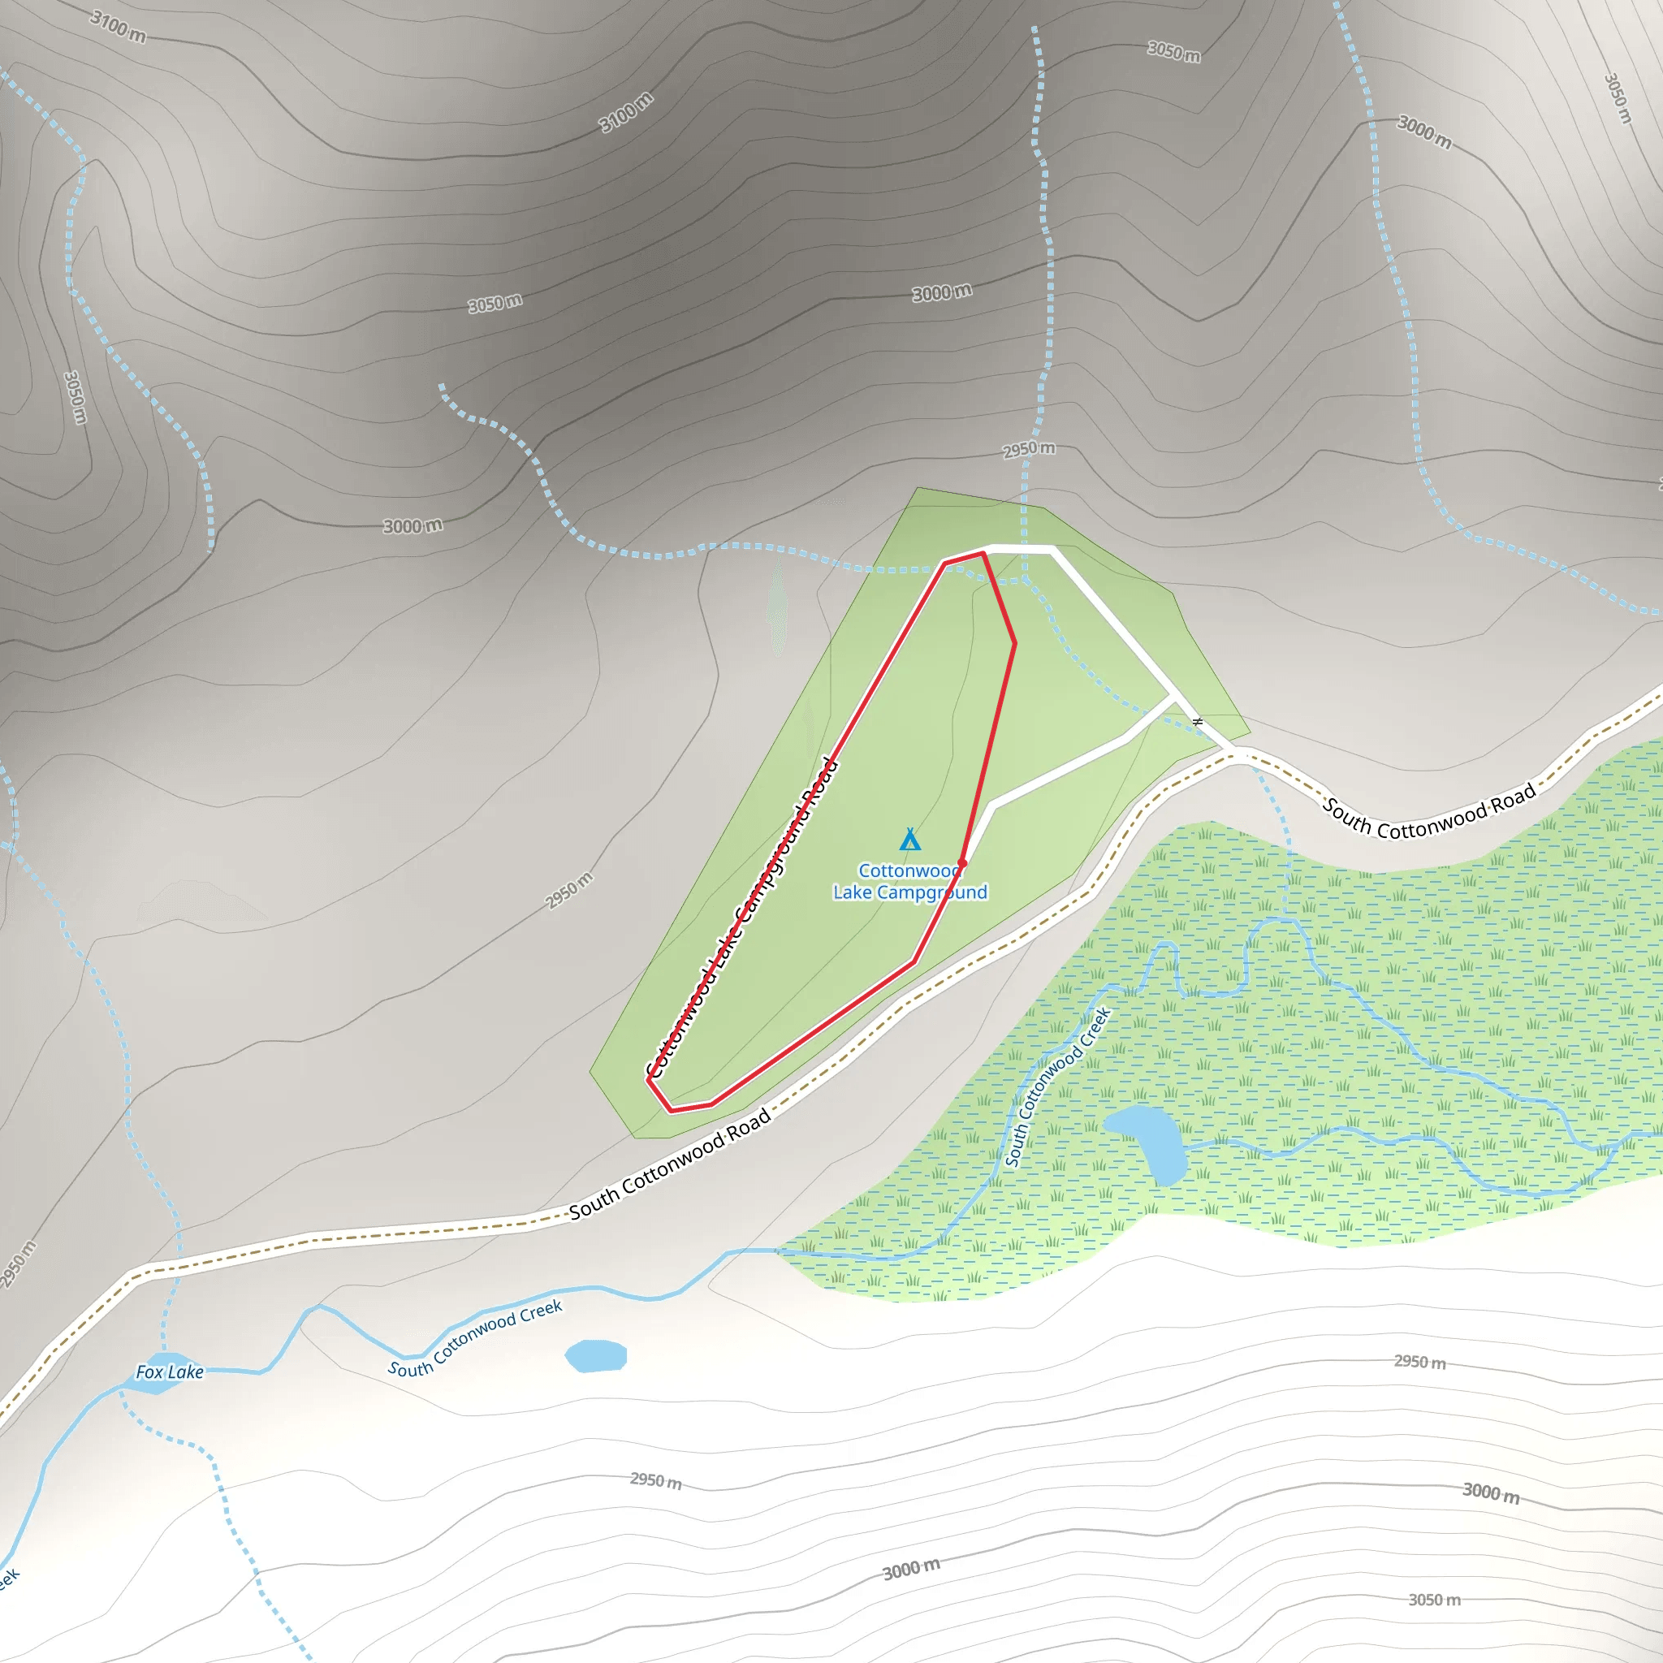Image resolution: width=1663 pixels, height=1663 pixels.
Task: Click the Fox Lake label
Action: [x=170, y=1372]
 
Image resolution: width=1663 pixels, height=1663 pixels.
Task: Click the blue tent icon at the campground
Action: [x=909, y=840]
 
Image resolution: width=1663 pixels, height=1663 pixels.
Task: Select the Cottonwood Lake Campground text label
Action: [x=909, y=881]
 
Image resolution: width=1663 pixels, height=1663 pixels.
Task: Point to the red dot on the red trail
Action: [x=962, y=862]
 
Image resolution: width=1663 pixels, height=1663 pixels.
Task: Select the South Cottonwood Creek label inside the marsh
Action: [x=1058, y=1087]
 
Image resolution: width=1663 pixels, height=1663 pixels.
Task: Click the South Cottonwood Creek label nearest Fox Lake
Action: [x=474, y=1339]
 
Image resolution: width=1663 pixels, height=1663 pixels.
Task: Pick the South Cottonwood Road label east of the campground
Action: [x=1429, y=811]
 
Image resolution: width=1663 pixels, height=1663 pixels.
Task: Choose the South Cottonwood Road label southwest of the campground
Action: [x=669, y=1164]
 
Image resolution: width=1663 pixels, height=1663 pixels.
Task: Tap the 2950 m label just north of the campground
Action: [x=1029, y=449]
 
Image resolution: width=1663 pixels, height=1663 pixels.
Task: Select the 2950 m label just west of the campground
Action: [x=569, y=890]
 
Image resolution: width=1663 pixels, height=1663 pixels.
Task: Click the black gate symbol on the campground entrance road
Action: [x=1198, y=721]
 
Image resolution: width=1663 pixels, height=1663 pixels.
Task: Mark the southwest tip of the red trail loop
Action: [x=649, y=1080]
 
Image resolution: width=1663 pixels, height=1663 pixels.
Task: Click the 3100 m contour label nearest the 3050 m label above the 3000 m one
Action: [x=626, y=112]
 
